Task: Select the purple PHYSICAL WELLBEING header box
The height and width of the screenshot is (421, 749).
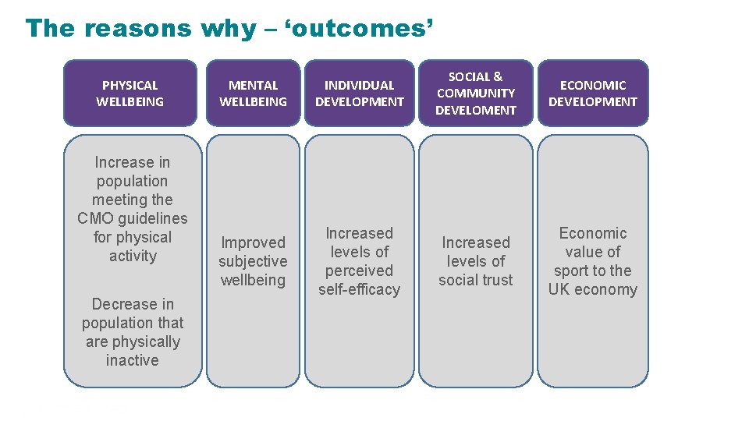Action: tap(130, 93)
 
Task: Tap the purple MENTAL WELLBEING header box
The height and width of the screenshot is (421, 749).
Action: tap(253, 93)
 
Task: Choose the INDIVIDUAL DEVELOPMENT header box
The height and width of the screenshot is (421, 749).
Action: tap(359, 93)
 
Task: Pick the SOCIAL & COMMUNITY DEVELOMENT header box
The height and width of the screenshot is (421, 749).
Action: tap(476, 93)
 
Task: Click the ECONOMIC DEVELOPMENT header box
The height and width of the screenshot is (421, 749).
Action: tap(592, 93)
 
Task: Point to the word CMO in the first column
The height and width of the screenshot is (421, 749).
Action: tap(94, 218)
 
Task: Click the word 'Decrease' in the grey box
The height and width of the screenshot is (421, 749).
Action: tap(122, 304)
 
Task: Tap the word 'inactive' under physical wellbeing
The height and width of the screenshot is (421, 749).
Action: tap(132, 360)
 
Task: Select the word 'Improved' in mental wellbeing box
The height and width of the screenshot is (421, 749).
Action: tap(253, 242)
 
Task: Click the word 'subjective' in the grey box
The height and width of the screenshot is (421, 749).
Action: tap(253, 261)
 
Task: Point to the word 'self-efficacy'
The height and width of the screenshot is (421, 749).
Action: tap(359, 289)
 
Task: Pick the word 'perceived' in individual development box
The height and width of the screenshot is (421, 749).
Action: tap(359, 271)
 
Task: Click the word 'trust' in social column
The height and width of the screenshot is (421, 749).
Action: tap(496, 280)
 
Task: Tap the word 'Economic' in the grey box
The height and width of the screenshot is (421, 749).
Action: tap(592, 233)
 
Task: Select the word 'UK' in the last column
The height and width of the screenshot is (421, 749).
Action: tap(559, 289)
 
